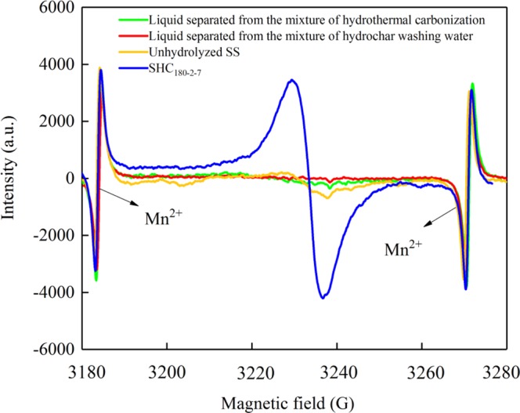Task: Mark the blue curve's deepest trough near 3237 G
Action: click(323, 297)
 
